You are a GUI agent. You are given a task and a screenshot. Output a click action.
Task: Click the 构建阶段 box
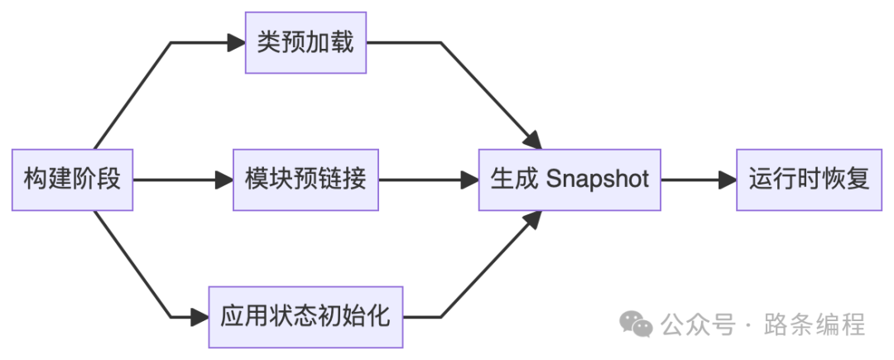pos(72,179)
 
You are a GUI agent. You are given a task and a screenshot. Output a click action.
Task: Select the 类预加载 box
pos(305,42)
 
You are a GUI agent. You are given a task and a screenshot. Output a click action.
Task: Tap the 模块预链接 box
pos(305,179)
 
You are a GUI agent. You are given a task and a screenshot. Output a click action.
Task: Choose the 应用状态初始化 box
pos(305,316)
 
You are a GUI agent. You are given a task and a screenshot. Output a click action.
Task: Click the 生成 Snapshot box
pos(570,179)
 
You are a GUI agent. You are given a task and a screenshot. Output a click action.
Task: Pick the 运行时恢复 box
pos(810,179)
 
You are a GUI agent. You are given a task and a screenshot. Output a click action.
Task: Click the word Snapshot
pos(598,179)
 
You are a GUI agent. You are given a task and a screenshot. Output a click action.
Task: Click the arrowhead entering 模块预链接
pos(224,179)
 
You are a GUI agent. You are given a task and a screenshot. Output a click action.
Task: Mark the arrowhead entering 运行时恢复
pos(728,179)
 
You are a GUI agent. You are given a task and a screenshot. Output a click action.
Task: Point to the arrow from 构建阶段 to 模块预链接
pos(174,179)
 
